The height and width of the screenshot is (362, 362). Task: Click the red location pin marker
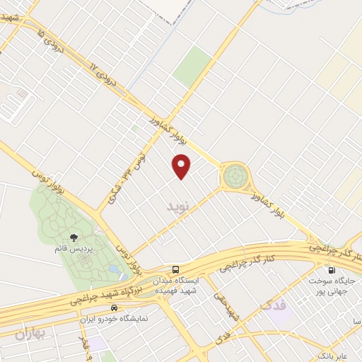click(182, 165)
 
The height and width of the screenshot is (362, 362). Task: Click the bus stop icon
click(175, 269)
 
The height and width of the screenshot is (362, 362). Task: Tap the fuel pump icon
click(330, 270)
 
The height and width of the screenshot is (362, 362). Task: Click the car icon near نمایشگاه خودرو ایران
click(115, 309)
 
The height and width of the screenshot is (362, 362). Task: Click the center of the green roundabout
click(235, 175)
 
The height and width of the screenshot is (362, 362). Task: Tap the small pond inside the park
click(114, 270)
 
